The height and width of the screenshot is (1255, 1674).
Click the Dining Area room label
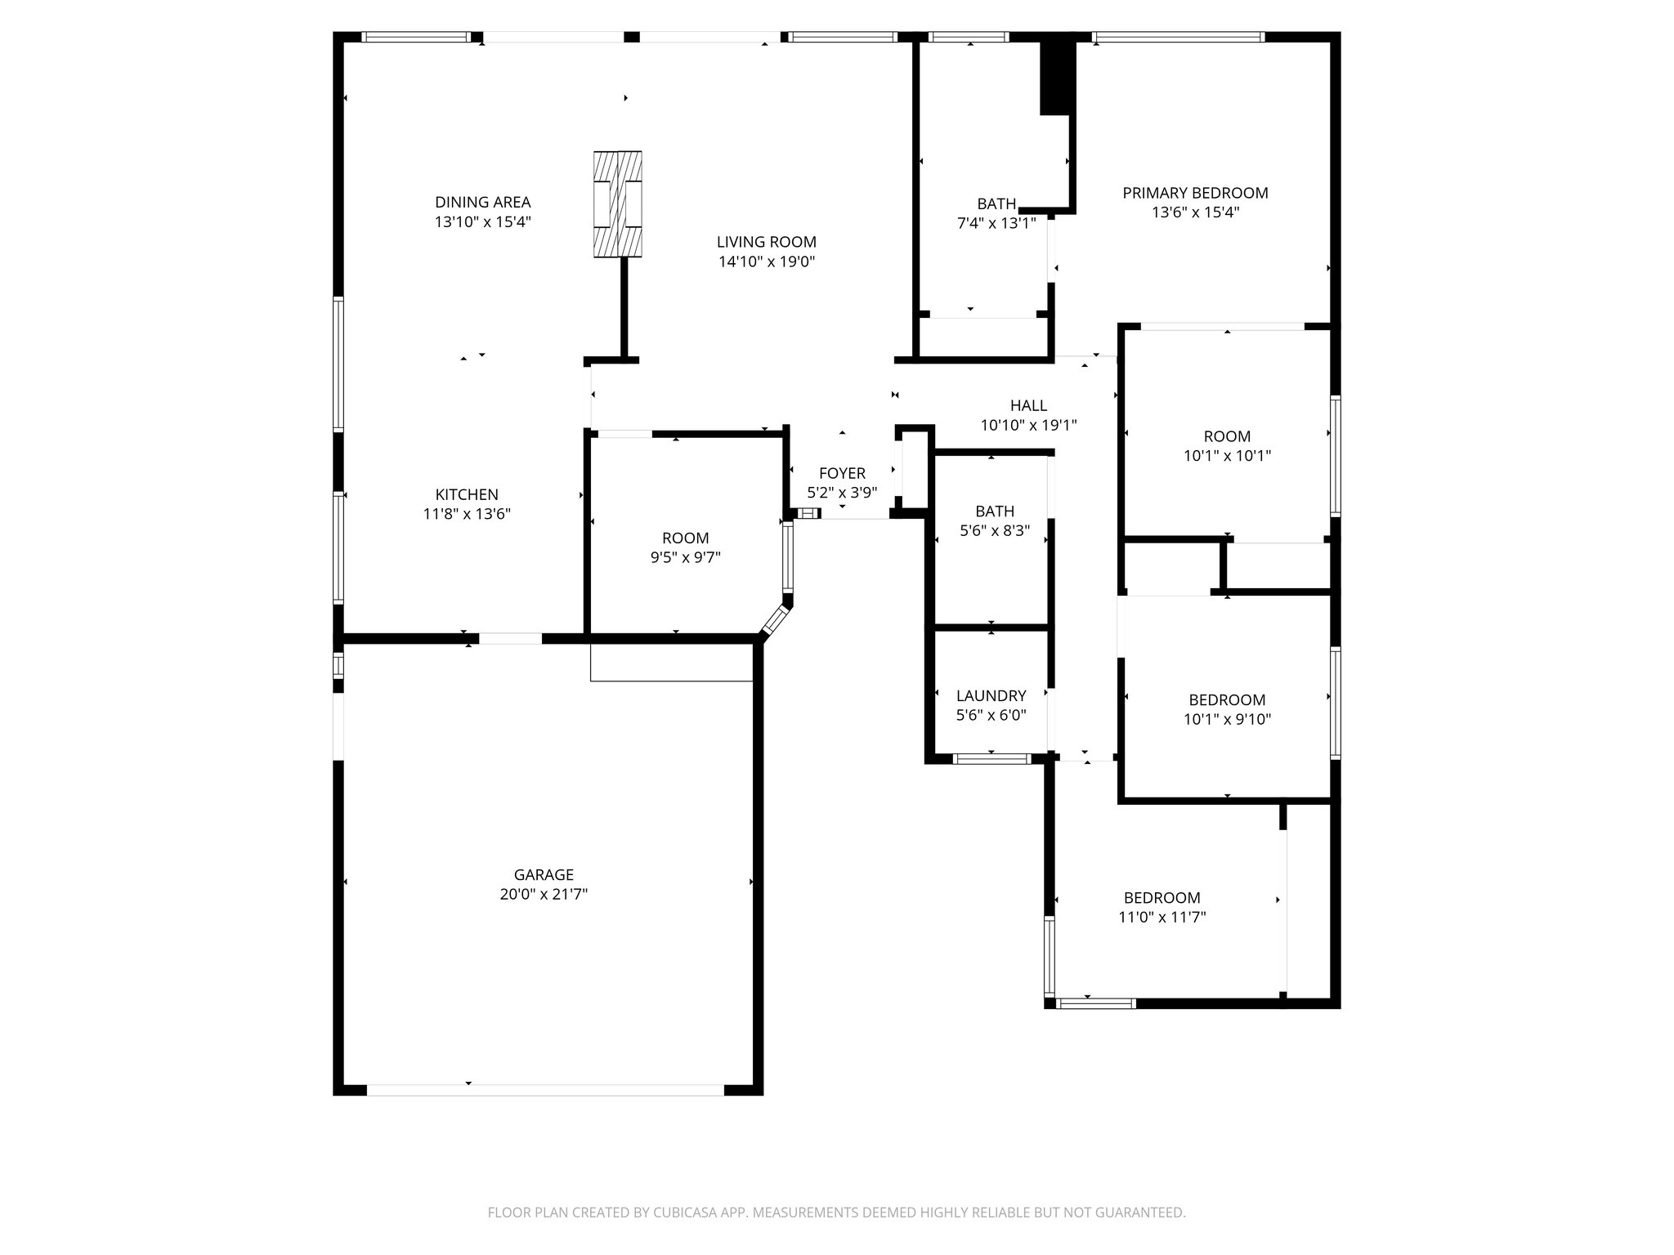coord(482,202)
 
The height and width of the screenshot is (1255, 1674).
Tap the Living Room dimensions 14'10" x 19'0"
coord(767,262)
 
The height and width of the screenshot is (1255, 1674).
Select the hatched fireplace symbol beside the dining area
coord(617,204)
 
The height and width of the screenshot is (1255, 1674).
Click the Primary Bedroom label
coord(1195,193)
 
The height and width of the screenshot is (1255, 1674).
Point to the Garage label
coord(544,874)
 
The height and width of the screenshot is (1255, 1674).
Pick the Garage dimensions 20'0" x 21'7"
coord(544,895)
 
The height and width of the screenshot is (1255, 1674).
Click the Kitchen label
coord(466,494)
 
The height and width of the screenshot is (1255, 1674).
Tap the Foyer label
coord(842,473)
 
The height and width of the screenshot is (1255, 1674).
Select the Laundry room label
coord(991,695)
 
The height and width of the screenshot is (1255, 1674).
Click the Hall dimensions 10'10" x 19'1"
coord(1028,426)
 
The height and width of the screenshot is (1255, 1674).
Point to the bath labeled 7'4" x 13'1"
coord(996,213)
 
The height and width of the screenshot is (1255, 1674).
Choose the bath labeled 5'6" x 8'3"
coord(994,520)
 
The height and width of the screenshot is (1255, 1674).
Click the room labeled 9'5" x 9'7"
coord(685,547)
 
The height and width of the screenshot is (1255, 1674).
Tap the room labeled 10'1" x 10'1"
coord(1227,446)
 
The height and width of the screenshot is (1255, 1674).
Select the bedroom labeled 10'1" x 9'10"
coord(1227,709)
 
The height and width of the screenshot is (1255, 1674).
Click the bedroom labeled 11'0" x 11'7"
coord(1162,907)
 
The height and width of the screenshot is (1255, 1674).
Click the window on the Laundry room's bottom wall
coord(991,759)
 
